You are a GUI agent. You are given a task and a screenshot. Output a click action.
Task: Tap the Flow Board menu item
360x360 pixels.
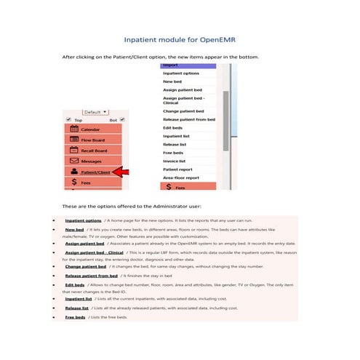coord(92,140)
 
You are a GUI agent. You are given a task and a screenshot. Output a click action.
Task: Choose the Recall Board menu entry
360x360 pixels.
coord(93,150)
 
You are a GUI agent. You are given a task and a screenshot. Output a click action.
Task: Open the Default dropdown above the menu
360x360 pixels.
coord(95,112)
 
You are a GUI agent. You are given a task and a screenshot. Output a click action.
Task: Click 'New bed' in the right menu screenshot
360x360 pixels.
coord(172,81)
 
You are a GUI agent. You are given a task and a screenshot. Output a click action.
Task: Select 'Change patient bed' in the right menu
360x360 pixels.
coord(183,111)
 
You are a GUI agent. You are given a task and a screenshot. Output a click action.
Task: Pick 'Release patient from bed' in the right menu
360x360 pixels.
coord(188,119)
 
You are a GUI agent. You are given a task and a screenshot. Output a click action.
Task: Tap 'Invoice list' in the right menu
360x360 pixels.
coord(175,160)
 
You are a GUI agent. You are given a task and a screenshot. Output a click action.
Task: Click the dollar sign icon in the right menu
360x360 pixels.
coord(169,187)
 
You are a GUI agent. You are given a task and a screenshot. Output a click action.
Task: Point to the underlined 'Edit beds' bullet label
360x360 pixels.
coord(74,285)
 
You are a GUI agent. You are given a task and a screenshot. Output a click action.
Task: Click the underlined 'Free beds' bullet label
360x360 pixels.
coord(75,317)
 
